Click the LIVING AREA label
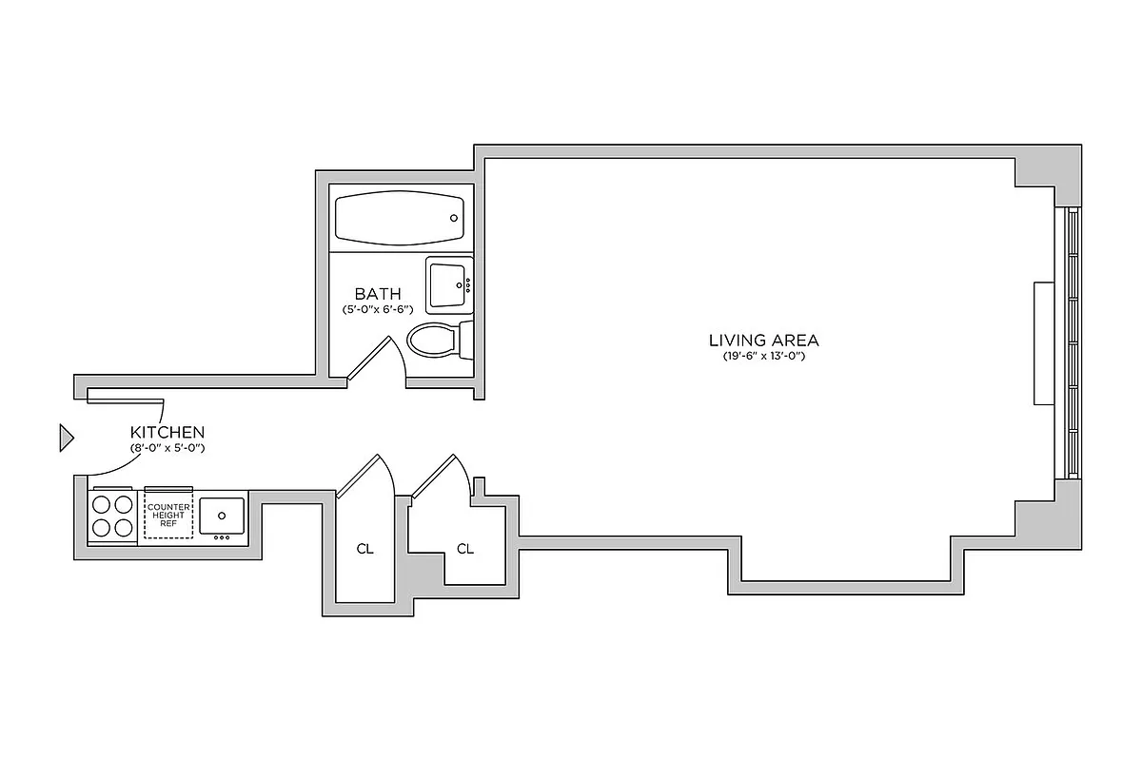pos(763,340)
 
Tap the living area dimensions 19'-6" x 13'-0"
pos(763,356)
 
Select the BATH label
pos(378,293)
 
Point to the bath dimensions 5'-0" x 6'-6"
pos(378,309)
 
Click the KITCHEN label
pos(167,432)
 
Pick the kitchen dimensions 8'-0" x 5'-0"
pos(167,447)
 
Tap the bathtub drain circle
pos(453,218)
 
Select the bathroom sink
pos(447,283)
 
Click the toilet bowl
pos(430,341)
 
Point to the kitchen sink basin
pos(222,515)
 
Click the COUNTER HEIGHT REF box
pos(168,515)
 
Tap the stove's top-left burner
pos(100,504)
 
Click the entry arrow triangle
pos(66,437)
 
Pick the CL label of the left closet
pos(364,549)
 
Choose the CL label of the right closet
pos(465,549)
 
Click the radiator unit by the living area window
pos(1044,342)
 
